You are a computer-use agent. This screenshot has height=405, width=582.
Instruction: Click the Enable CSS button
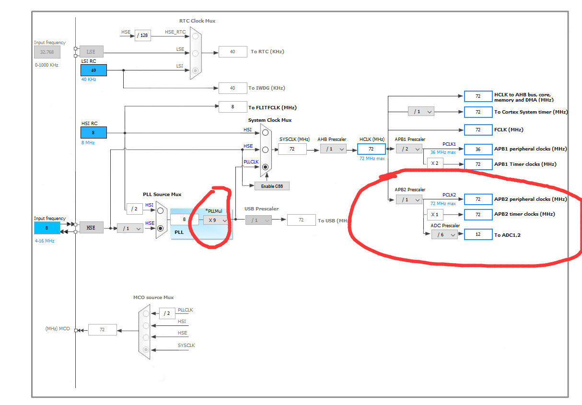(272, 186)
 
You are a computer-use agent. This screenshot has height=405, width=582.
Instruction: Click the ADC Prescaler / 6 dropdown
(444, 235)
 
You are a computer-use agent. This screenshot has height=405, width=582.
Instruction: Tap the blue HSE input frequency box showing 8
(47, 228)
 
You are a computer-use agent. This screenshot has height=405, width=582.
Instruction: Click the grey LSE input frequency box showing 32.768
(47, 52)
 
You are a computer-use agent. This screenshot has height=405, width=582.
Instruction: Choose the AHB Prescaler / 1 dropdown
(333, 149)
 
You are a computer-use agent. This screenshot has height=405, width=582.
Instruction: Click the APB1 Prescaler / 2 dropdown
(409, 149)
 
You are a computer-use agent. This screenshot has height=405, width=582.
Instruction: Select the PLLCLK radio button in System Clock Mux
(265, 167)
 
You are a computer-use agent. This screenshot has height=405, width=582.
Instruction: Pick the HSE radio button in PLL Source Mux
(160, 228)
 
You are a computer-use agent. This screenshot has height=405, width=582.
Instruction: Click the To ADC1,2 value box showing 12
(478, 235)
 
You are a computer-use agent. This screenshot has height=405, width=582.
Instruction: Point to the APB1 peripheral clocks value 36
(478, 149)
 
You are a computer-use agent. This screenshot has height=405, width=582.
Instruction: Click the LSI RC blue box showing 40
(93, 70)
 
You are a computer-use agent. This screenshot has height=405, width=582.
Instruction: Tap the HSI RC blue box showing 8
(93, 132)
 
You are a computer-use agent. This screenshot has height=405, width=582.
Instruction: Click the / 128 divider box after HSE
(143, 35)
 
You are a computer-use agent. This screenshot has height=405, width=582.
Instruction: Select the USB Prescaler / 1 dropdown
(259, 220)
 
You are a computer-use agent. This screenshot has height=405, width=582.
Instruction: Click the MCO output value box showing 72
(102, 330)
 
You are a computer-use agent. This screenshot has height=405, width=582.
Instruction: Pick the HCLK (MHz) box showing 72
(371, 149)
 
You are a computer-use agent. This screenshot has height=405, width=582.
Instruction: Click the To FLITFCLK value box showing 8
(233, 107)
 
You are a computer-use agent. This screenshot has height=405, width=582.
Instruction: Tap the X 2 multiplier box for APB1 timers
(435, 163)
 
